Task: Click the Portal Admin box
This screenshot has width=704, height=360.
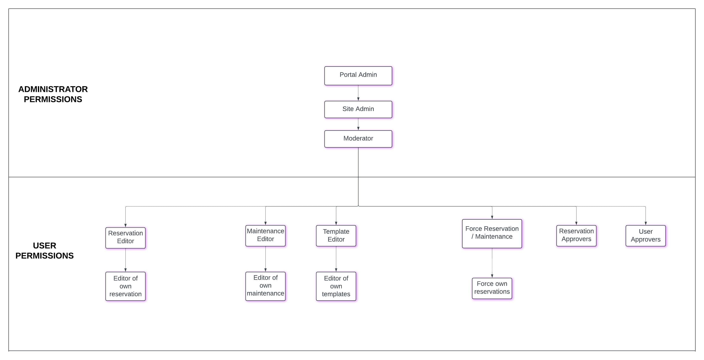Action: (x=358, y=76)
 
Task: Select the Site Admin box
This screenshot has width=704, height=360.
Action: (x=358, y=109)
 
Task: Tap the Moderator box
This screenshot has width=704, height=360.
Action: (x=358, y=139)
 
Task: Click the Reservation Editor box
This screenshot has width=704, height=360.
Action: (x=125, y=237)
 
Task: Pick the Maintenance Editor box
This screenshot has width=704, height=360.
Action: (x=265, y=235)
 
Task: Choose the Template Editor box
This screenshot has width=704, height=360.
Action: (x=336, y=236)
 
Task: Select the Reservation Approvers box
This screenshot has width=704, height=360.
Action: (x=576, y=235)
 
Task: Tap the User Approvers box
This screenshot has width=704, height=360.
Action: (x=645, y=236)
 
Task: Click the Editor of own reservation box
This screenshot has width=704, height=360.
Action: (x=125, y=286)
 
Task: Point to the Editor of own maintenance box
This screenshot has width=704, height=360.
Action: (x=265, y=286)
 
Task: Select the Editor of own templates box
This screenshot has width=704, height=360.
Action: (x=336, y=286)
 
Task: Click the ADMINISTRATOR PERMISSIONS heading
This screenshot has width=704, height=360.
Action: (x=53, y=94)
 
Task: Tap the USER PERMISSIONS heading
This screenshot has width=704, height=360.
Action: (x=45, y=250)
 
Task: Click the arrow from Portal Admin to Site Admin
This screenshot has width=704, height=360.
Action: (x=358, y=93)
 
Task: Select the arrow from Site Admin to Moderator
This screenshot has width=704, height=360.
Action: (x=358, y=124)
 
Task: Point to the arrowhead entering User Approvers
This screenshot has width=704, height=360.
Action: (x=645, y=223)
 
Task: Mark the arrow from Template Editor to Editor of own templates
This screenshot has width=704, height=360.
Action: (x=336, y=259)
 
